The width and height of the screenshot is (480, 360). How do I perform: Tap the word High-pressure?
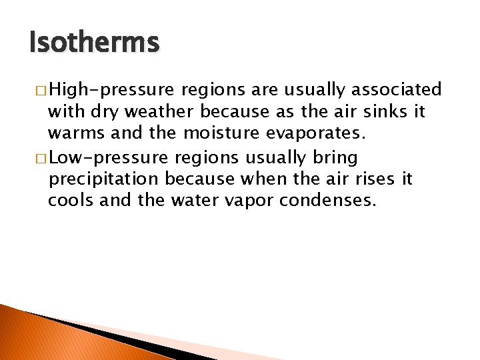pos(112,89)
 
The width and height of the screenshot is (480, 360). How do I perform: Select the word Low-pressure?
pos(107,159)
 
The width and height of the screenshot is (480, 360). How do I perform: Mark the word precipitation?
pos(103,180)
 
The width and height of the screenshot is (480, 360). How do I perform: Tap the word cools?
pos(71,201)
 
